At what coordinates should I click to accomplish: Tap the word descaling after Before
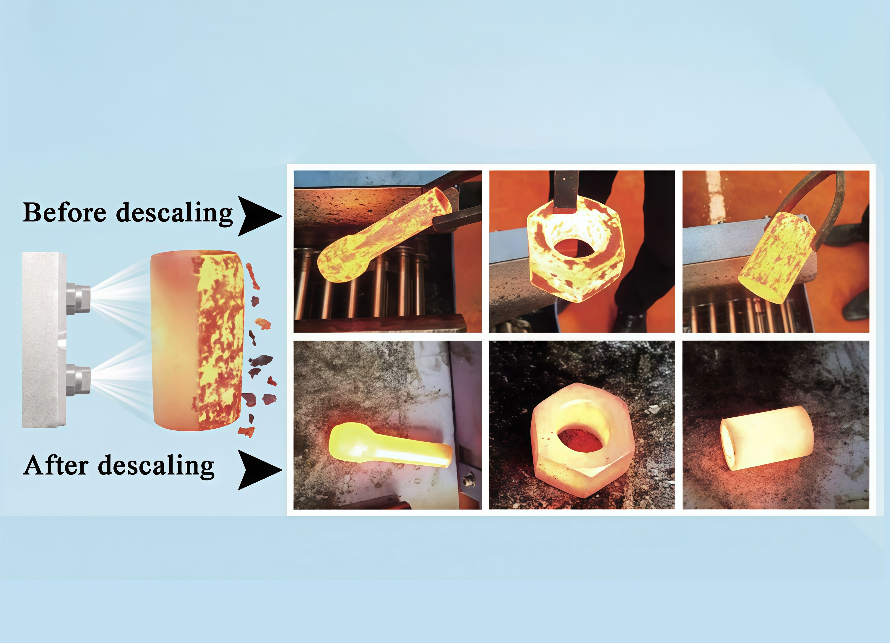tap(174, 214)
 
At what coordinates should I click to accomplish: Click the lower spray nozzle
tap(79, 380)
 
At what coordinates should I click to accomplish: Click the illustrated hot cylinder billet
tap(197, 341)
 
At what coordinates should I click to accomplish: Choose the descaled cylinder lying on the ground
tap(767, 438)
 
